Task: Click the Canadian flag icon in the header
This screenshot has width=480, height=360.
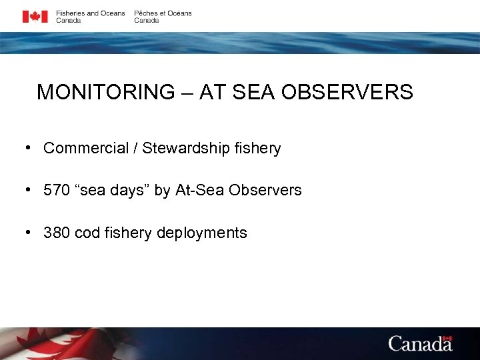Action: point(35,17)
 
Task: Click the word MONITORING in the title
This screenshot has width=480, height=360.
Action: point(105,92)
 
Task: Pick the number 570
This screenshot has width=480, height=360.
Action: point(55,190)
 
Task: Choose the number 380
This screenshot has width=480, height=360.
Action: point(55,233)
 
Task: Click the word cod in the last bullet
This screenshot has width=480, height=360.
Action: point(85,233)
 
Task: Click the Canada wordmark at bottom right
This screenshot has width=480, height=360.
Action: point(420,344)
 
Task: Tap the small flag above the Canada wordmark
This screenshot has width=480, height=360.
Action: point(447,338)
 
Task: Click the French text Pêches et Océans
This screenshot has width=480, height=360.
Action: point(163,13)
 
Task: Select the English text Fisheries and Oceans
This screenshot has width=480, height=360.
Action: point(90,13)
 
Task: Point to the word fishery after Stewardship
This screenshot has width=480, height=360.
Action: point(259,148)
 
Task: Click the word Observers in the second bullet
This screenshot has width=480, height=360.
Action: point(265,190)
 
